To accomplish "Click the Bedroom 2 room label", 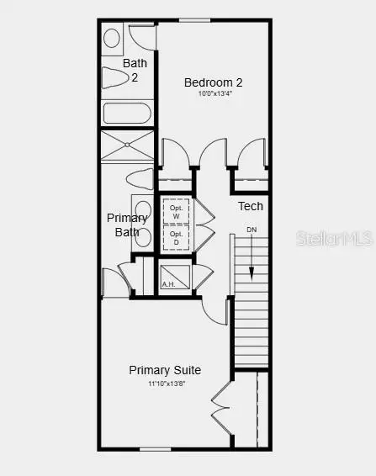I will pyautogui.click(x=214, y=82).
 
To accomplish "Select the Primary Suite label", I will pyautogui.click(x=165, y=370).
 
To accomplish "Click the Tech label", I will pyautogui.click(x=250, y=206).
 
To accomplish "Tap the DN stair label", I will pyautogui.click(x=252, y=230).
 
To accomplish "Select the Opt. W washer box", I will pyautogui.click(x=176, y=211).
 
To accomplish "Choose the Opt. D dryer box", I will pyautogui.click(x=176, y=238).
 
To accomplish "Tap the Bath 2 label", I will pyautogui.click(x=135, y=70).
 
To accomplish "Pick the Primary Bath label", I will pyautogui.click(x=126, y=225).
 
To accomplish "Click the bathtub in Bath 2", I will pyautogui.click(x=127, y=113).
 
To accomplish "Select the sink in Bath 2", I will pyautogui.click(x=112, y=38).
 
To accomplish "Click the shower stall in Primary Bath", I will pyautogui.click(x=128, y=145).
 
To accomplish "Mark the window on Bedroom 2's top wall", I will pyautogui.click(x=195, y=20).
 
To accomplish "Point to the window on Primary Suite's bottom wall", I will pyautogui.click(x=155, y=449).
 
